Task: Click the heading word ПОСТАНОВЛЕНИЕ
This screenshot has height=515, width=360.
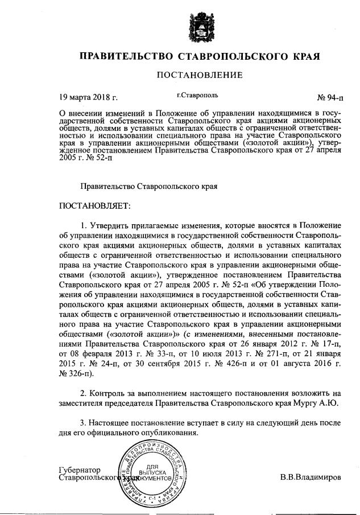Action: (199, 75)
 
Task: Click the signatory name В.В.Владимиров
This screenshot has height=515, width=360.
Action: (311, 477)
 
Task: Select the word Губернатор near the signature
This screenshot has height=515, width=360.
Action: (80, 470)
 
